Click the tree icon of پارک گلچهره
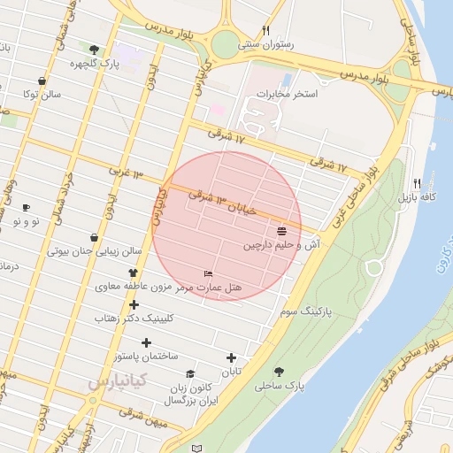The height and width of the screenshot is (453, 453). pyautogui.click(x=95, y=50)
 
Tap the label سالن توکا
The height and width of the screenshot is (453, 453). pyautogui.click(x=43, y=94)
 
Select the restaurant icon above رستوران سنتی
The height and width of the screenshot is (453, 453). pyautogui.click(x=265, y=30)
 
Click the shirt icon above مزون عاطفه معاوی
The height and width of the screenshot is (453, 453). pyautogui.click(x=134, y=273)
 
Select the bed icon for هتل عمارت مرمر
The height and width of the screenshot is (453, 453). pyautogui.click(x=208, y=274)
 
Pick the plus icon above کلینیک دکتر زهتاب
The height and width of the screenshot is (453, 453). pyautogui.click(x=134, y=304)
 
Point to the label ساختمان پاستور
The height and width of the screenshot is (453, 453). pyautogui.click(x=146, y=356)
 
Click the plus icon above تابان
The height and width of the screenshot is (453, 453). pyautogui.click(x=232, y=358)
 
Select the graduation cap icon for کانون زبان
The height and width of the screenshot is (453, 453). pyautogui.click(x=191, y=373)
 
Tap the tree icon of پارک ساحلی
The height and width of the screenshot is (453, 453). pyautogui.click(x=280, y=372)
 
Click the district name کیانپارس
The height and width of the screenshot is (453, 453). pyautogui.click(x=111, y=382)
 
